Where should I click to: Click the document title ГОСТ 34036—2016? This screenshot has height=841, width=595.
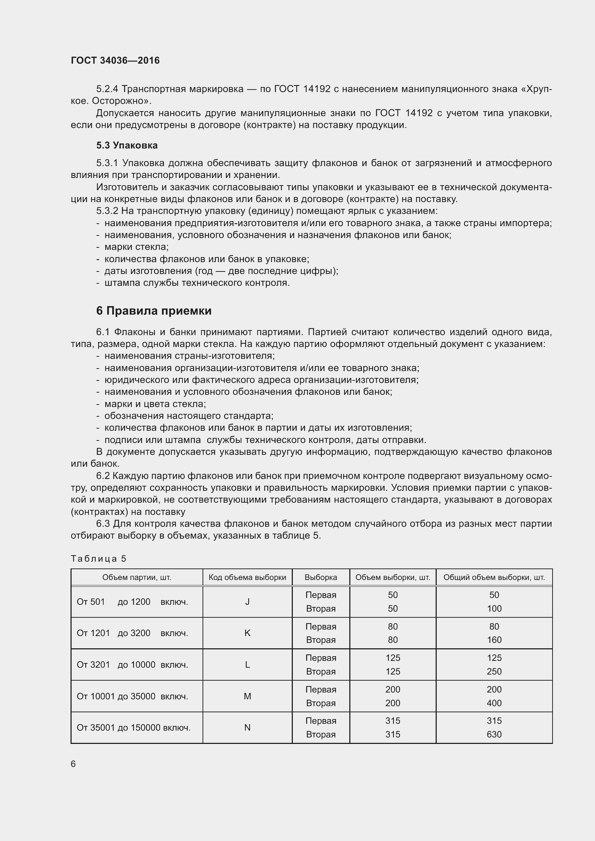pos(115,60)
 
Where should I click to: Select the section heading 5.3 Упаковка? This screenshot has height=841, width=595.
pos(127,145)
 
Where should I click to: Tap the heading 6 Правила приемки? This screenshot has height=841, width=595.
pos(154,311)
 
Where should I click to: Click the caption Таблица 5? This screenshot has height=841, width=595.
pos(98,558)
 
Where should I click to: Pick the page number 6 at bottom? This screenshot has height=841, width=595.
pos(73,764)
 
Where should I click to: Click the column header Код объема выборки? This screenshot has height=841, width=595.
pos(247,578)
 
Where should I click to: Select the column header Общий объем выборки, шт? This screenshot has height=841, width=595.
pos(494,578)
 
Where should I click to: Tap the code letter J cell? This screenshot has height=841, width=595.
pos(247,602)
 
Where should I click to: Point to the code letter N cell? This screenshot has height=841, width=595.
pos(247,727)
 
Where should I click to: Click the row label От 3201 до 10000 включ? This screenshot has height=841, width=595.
pos(132,665)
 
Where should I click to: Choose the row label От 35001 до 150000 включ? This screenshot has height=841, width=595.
pos(133,727)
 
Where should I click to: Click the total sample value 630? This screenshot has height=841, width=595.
pos(494,735)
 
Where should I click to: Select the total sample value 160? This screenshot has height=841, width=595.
pos(494,640)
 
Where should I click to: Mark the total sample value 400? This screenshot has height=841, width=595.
pos(494,703)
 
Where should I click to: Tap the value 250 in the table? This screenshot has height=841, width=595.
pos(494,671)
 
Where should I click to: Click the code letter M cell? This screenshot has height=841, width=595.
pos(247,696)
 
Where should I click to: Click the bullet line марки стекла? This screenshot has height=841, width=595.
pos(136,247)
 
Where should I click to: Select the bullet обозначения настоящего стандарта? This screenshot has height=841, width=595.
pos(189,416)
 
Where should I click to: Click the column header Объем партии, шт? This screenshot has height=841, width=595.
pos(137,578)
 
